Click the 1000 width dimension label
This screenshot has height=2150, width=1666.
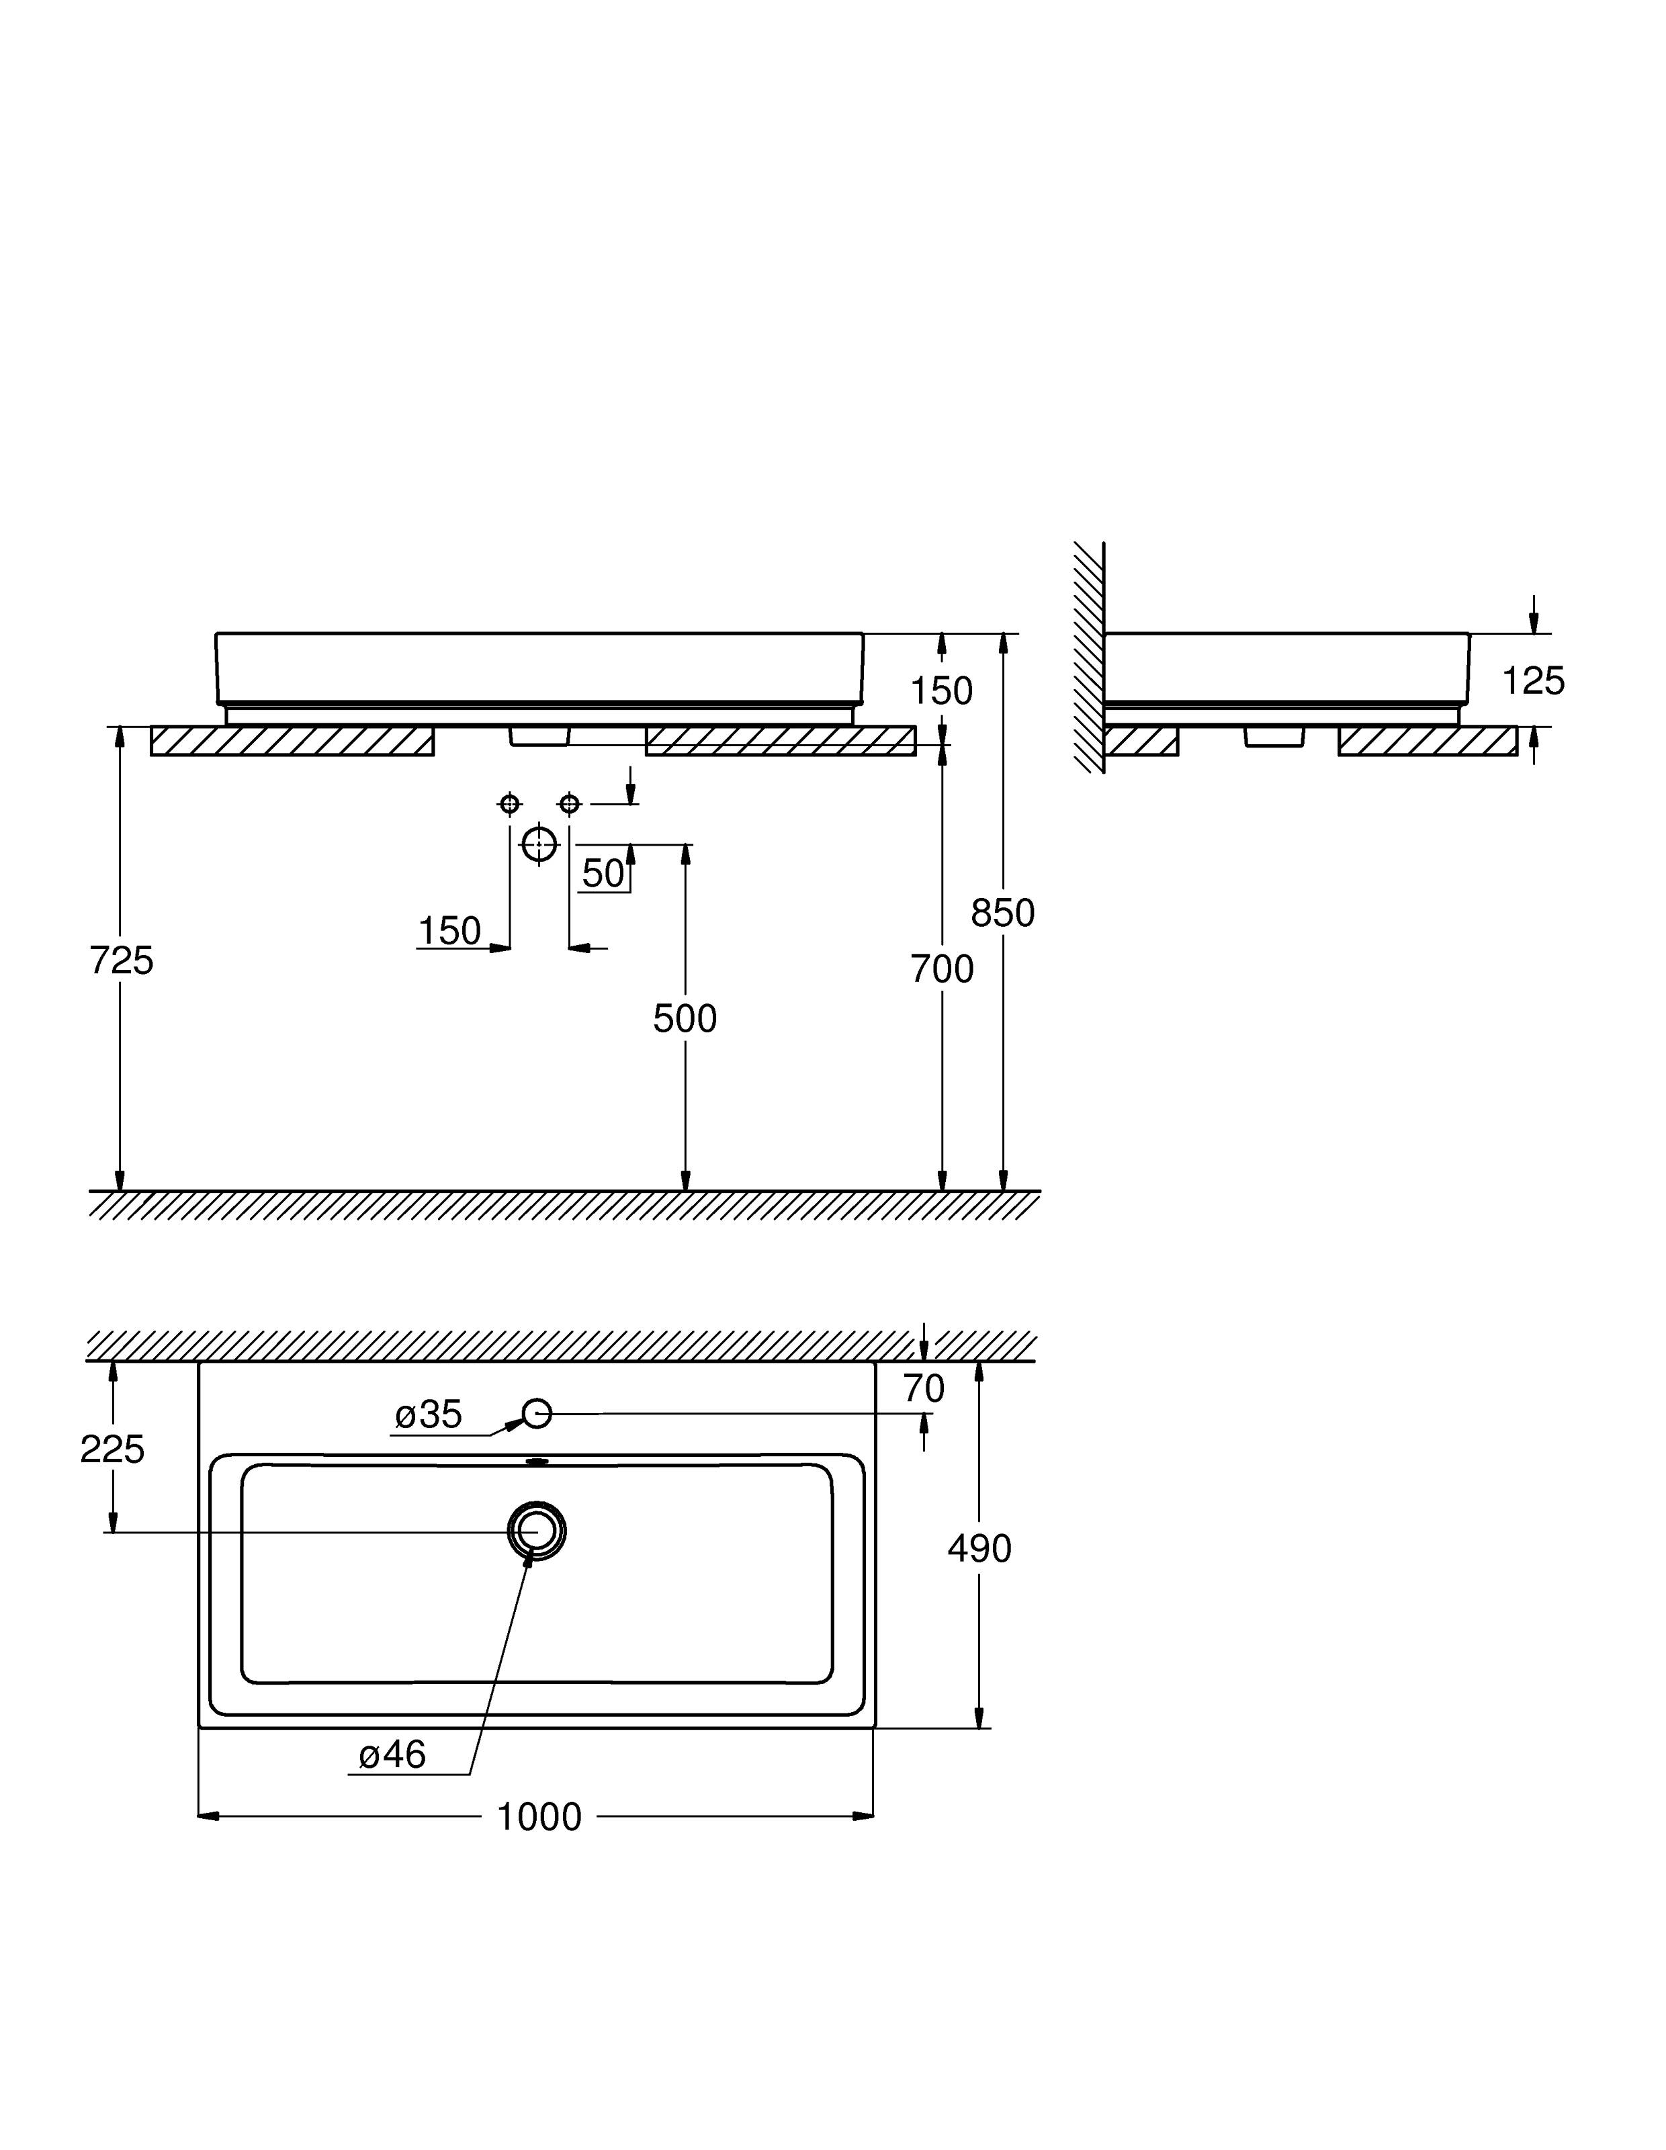(x=539, y=1816)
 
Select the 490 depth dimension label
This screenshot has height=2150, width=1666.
(x=979, y=1548)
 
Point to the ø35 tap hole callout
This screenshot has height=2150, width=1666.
(x=429, y=1415)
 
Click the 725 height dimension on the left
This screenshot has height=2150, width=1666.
(x=121, y=960)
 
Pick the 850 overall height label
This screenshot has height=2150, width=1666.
(x=1002, y=913)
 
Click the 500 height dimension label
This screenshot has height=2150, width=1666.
(x=685, y=1019)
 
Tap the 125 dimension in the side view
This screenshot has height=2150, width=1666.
(x=1533, y=680)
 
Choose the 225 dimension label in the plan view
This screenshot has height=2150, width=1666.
(x=112, y=1449)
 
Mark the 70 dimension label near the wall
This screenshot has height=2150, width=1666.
(x=924, y=1389)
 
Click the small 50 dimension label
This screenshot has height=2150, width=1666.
(x=603, y=873)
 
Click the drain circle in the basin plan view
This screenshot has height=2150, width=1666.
(x=537, y=1531)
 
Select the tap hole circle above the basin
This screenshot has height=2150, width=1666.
(x=537, y=1414)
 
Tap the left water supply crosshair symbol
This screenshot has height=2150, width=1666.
(x=509, y=804)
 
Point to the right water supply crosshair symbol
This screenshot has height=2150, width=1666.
(x=569, y=804)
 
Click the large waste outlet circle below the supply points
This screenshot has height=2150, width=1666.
(x=539, y=844)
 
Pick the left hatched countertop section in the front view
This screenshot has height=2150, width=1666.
(x=292, y=740)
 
